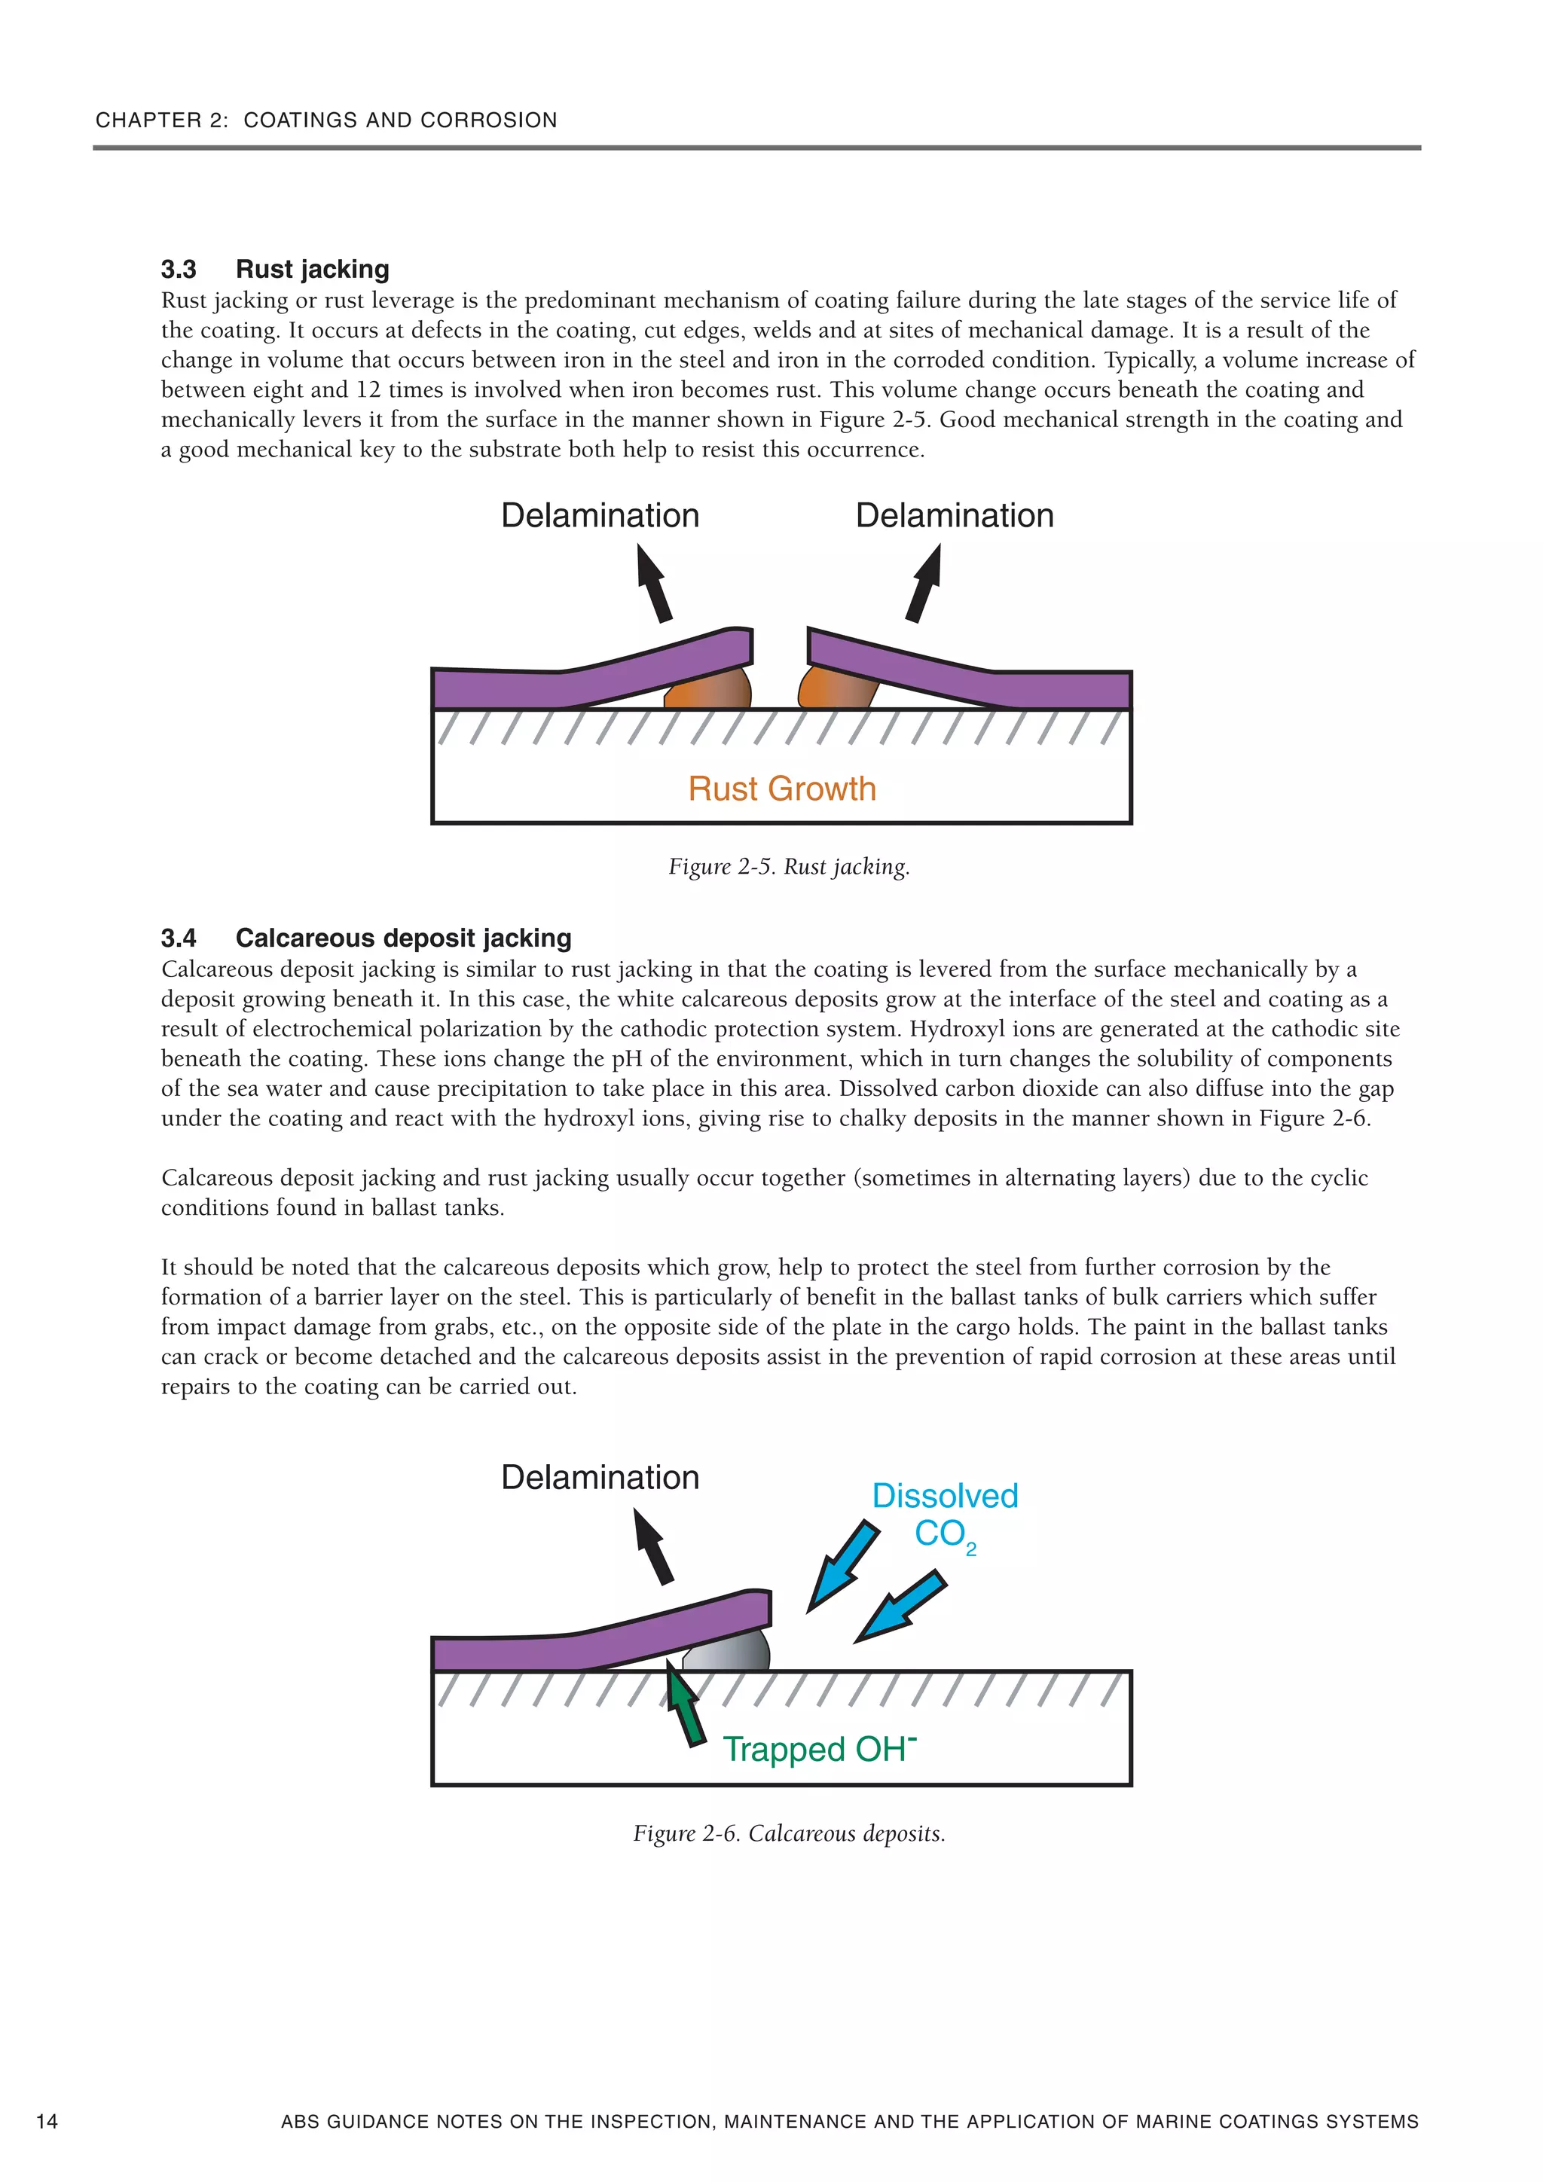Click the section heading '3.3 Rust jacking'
275,269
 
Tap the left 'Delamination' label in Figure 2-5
600,516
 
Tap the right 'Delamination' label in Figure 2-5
955,516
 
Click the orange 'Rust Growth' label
781,789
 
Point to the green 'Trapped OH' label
818,1750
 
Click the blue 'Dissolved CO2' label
944,1515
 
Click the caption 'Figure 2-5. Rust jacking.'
789,867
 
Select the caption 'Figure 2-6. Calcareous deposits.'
789,1833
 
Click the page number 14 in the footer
47,2121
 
